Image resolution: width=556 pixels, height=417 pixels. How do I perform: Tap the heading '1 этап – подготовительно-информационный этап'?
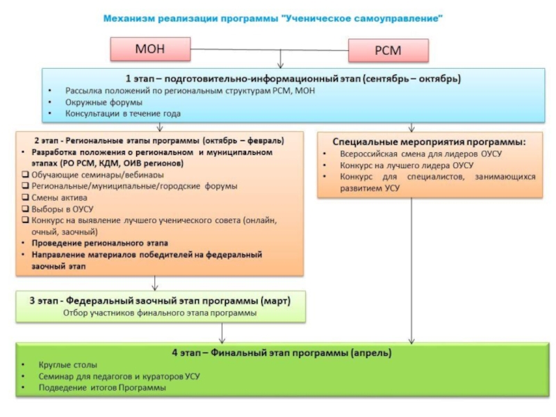293,79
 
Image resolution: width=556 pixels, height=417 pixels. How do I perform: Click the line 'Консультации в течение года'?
123,113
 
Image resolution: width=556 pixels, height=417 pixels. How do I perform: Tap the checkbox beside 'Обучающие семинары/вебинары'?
25,174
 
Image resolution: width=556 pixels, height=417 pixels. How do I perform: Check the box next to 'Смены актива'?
25,197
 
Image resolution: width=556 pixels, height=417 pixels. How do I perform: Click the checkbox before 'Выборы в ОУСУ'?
25,208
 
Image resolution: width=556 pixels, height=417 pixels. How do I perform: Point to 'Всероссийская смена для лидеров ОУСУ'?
421,154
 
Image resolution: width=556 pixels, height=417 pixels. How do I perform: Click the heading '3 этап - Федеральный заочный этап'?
159,301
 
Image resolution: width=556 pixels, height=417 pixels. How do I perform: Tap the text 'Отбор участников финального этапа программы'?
159,313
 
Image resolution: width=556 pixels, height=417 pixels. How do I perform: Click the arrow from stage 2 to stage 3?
154,282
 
